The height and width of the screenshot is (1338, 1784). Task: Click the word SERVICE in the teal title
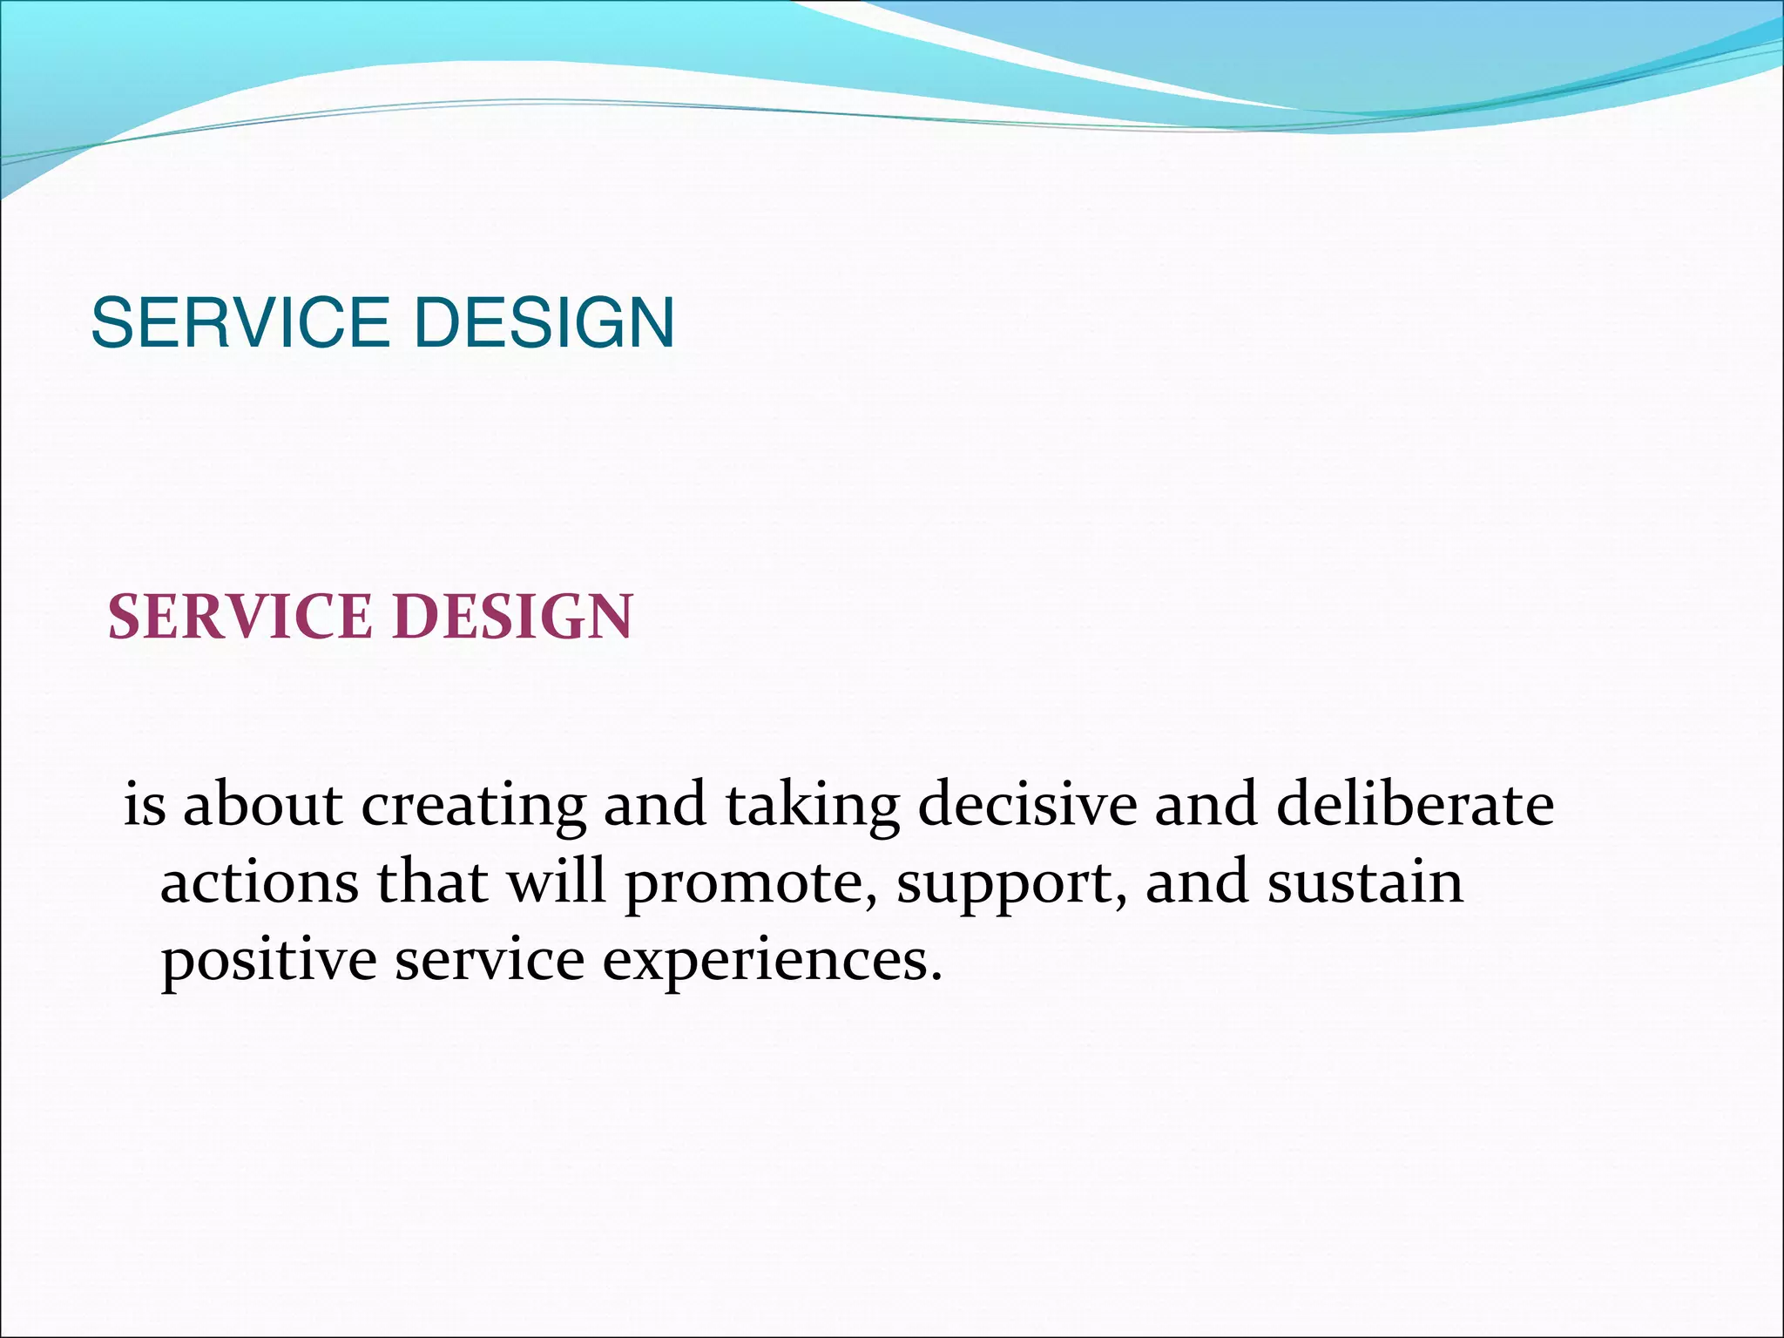[240, 323]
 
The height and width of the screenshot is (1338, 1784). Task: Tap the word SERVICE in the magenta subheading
[240, 617]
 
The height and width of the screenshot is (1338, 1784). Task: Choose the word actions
[259, 882]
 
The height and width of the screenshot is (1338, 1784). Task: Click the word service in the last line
[490, 960]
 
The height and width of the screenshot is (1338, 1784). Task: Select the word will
[557, 881]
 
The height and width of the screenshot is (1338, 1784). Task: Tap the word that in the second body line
[432, 882]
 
